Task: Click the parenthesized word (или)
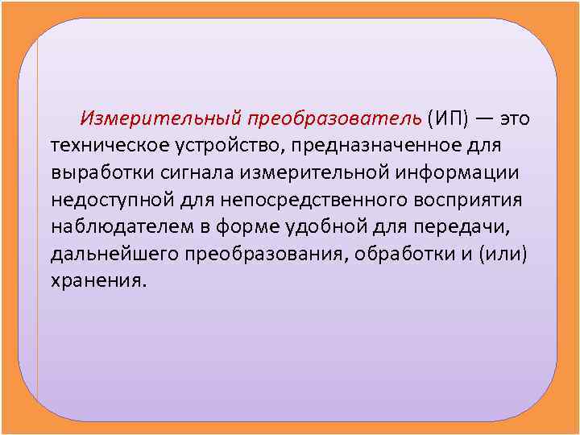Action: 506,255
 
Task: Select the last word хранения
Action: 97,283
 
